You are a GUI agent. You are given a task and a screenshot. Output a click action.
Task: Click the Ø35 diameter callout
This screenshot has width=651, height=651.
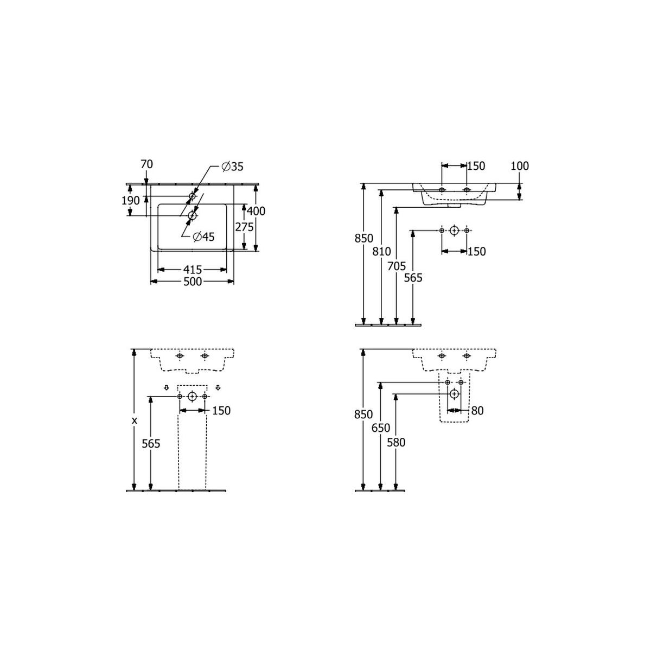[x=232, y=167]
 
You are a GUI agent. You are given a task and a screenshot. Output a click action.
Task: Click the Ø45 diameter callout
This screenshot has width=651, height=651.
[x=204, y=237]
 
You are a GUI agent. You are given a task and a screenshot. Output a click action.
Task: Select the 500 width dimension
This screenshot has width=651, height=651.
[x=193, y=282]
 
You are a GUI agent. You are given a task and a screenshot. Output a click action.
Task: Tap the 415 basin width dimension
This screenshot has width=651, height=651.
[x=193, y=270]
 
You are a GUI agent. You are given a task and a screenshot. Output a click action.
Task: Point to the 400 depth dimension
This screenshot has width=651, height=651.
[x=256, y=211]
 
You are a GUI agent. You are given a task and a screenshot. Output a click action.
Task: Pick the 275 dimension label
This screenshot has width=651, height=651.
[x=244, y=227]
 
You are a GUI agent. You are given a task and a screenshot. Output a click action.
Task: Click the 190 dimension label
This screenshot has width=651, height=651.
[x=130, y=201]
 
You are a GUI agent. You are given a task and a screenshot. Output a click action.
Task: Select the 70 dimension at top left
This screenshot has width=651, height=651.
[x=146, y=164]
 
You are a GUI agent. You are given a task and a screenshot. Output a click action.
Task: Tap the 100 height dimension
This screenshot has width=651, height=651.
[x=520, y=166]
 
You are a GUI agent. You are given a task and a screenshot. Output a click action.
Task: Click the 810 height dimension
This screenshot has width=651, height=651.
[x=381, y=251]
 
